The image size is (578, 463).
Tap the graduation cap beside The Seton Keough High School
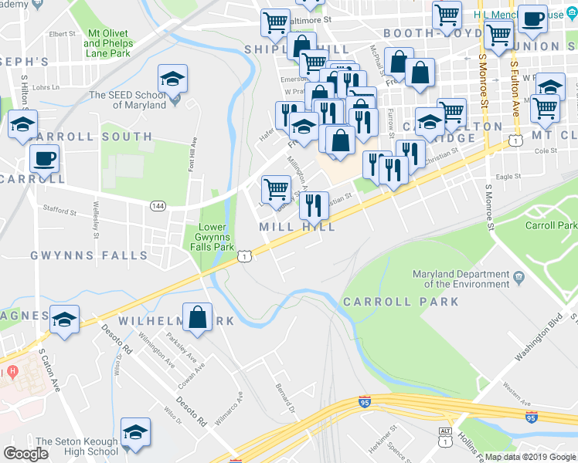click(x=136, y=434)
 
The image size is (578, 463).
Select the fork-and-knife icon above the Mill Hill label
click(x=313, y=205)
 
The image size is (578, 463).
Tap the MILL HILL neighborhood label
click(x=297, y=227)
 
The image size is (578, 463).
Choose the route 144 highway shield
click(x=158, y=205)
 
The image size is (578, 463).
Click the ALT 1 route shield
click(x=445, y=438)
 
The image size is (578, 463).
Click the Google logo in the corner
click(x=27, y=454)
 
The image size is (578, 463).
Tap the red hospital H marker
click(x=12, y=372)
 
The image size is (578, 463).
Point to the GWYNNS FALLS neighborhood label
click(x=88, y=255)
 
